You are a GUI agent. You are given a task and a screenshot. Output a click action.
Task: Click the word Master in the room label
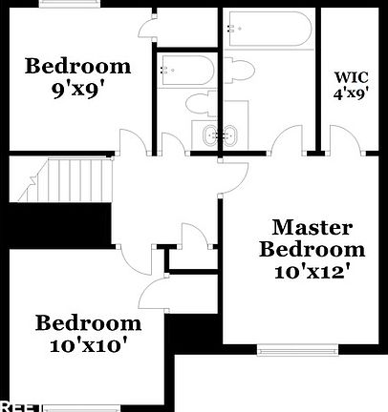[313, 228]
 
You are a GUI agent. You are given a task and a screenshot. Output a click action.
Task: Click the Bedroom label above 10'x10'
[89, 322]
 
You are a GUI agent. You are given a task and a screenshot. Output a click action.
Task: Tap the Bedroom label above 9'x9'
[77, 66]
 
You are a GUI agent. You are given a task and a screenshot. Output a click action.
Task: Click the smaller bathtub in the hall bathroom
[186, 70]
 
